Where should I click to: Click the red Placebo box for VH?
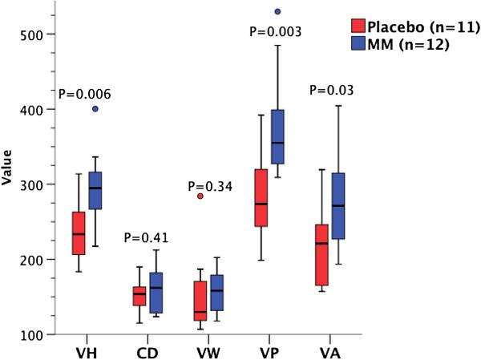coord(101,233)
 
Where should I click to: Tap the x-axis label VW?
coord(210,351)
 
